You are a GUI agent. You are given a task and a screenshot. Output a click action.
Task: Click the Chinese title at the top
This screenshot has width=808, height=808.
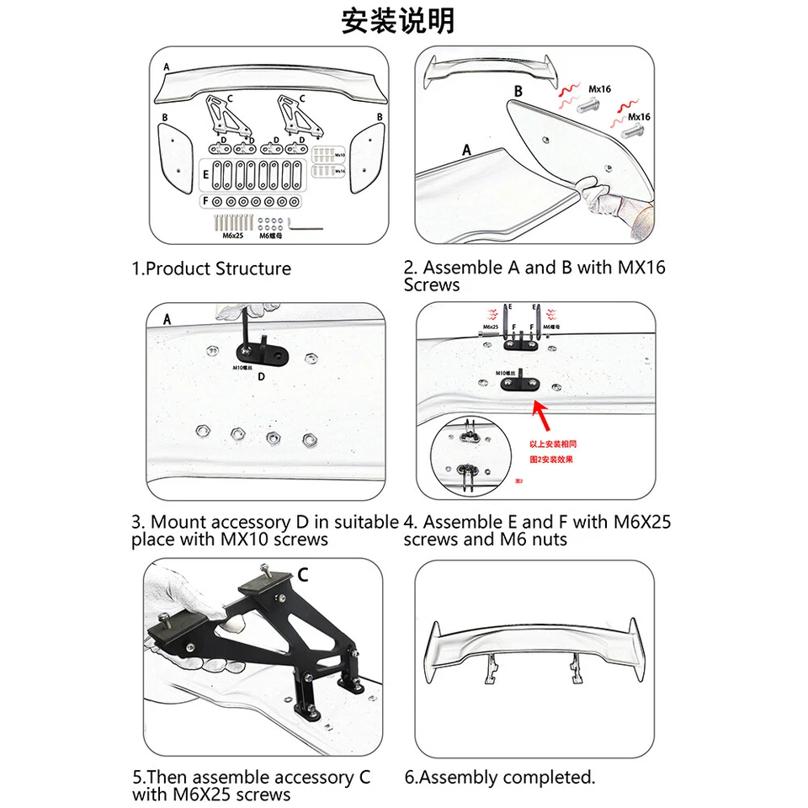point(397,20)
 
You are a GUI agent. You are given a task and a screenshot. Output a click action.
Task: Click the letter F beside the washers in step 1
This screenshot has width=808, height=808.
point(204,202)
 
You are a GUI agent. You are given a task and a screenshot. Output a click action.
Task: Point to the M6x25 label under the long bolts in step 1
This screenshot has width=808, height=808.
point(233,236)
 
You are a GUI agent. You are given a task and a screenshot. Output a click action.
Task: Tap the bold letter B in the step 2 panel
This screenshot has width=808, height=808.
point(518,91)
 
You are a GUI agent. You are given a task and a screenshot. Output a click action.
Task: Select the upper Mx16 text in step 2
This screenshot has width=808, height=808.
point(600,88)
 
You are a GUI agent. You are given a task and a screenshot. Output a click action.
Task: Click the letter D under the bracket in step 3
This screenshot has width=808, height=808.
point(261,376)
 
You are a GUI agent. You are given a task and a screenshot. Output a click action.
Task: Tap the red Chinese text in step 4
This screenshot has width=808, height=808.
point(552,451)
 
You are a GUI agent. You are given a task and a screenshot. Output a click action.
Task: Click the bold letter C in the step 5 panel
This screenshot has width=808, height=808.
point(302,575)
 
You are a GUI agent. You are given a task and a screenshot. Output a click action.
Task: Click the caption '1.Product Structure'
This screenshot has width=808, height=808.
point(211,268)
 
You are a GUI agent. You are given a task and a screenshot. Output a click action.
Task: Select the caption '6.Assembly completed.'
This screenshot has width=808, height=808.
point(499,777)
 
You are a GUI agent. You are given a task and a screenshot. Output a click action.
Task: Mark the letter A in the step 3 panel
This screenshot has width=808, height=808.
point(167,320)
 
